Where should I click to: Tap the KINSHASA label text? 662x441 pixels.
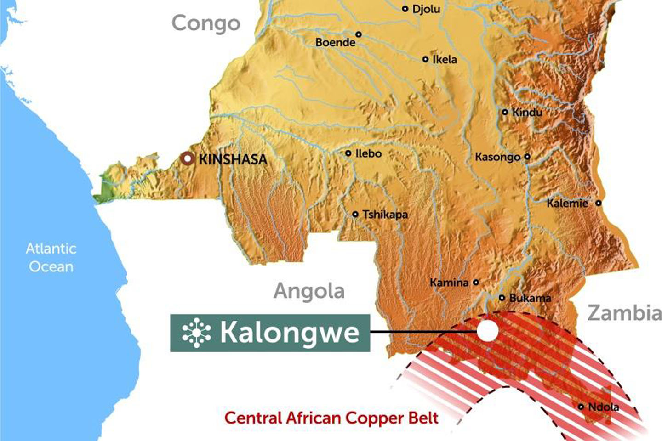[x=233, y=159]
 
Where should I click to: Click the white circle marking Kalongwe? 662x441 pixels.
[x=487, y=331]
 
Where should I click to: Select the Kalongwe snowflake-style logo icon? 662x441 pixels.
[x=196, y=333]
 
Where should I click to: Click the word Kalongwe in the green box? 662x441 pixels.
[x=290, y=333]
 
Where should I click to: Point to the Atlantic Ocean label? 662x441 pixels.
[x=51, y=257]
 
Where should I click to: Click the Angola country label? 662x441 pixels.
[x=309, y=291]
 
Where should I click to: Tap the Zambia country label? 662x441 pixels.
[x=624, y=313]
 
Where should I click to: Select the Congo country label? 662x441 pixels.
[x=206, y=23]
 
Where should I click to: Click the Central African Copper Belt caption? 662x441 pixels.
[x=331, y=418]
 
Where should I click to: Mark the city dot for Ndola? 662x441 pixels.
[x=581, y=407]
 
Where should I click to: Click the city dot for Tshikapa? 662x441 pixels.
[x=355, y=214]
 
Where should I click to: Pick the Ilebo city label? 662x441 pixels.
[x=368, y=153]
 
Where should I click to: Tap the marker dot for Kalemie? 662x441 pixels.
[x=599, y=203]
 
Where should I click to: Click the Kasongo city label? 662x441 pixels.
[x=497, y=157]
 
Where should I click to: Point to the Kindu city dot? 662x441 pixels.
[x=505, y=112]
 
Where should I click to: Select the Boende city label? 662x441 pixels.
[x=335, y=42]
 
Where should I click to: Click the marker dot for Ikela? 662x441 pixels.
[x=425, y=59]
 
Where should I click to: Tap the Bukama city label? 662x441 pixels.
[x=530, y=298]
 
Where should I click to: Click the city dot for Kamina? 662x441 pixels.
[x=476, y=283]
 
